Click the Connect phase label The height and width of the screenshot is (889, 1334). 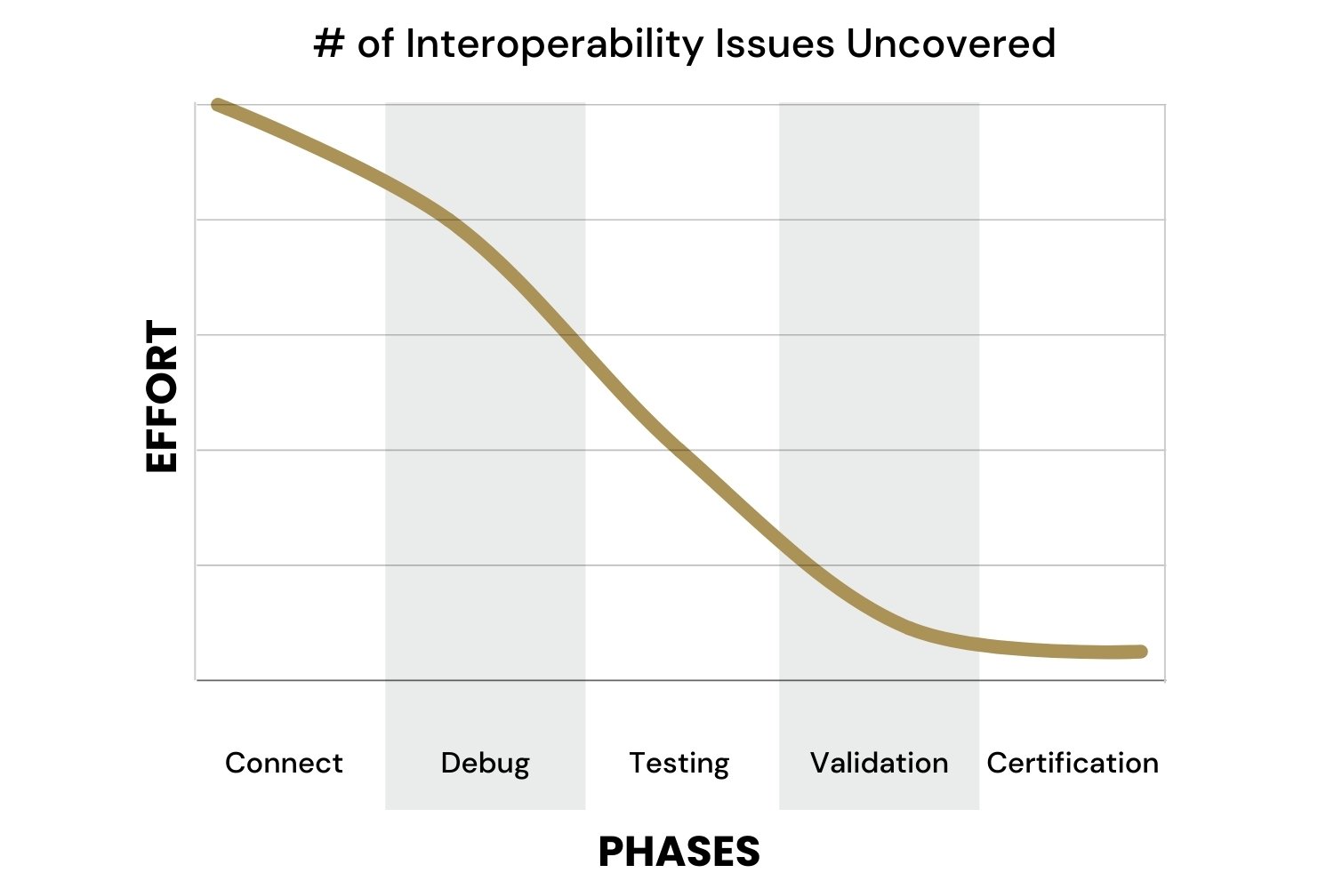coord(284,763)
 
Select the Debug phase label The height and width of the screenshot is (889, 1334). coord(486,765)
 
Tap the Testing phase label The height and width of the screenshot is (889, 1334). coord(679,765)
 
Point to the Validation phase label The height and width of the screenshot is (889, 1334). coord(879,763)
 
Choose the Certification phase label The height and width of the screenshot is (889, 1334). coord(1073,763)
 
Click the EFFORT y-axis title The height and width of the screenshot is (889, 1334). coord(161,396)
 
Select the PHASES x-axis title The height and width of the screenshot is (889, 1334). coord(679,852)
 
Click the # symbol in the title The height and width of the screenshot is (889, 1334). coord(329,44)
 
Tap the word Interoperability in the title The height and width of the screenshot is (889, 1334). coord(554,45)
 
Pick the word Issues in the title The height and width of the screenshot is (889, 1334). coord(775,44)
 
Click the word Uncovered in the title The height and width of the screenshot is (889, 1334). coord(951,44)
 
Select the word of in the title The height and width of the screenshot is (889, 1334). coord(376,44)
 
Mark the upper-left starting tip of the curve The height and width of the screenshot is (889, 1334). coord(217,105)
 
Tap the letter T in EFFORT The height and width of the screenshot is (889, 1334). coord(161,336)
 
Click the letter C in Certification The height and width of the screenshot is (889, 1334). coord(998,763)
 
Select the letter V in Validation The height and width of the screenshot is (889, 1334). coord(822,763)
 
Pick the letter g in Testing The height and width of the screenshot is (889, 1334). coord(719,767)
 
